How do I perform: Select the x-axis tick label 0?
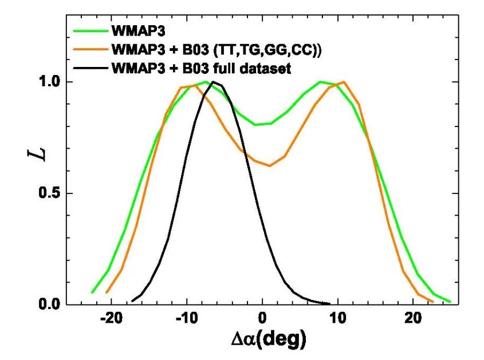[262, 318]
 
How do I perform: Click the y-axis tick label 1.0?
[49, 82]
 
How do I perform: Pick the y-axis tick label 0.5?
[49, 193]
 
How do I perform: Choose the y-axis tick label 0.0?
[49, 304]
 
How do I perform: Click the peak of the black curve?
[214, 82]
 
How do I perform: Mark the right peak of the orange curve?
[344, 82]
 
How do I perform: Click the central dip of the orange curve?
[270, 165]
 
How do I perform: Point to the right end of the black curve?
[329, 304]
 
